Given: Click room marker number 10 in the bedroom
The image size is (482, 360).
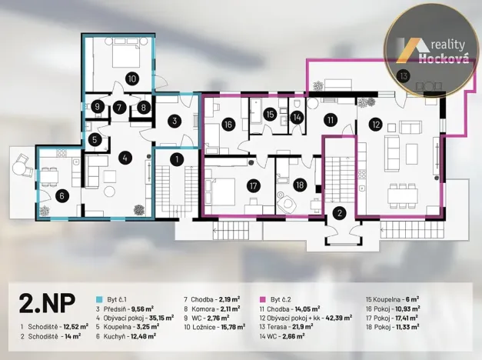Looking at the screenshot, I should [x=131, y=78].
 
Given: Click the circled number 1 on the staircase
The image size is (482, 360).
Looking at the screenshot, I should [x=175, y=160].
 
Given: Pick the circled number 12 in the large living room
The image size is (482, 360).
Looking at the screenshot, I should [x=375, y=122].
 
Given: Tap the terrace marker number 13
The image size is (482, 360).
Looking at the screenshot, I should [x=404, y=75].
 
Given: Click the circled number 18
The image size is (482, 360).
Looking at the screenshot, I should [x=300, y=184].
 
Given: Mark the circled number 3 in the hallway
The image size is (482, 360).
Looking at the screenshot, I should [x=175, y=121].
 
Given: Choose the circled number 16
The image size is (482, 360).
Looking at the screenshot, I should [x=228, y=124].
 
